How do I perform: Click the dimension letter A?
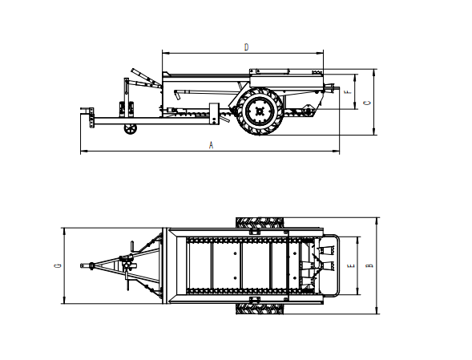pos(211,145)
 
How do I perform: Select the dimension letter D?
pos(246,47)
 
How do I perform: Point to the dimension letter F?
pos(349,91)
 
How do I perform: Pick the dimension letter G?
pos(58,265)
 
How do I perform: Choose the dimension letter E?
pos(351,265)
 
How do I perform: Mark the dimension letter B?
pos(369,265)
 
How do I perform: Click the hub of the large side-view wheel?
pos(260,111)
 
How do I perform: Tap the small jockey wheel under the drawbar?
pos(130,129)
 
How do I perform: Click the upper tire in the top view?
pos(260,223)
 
